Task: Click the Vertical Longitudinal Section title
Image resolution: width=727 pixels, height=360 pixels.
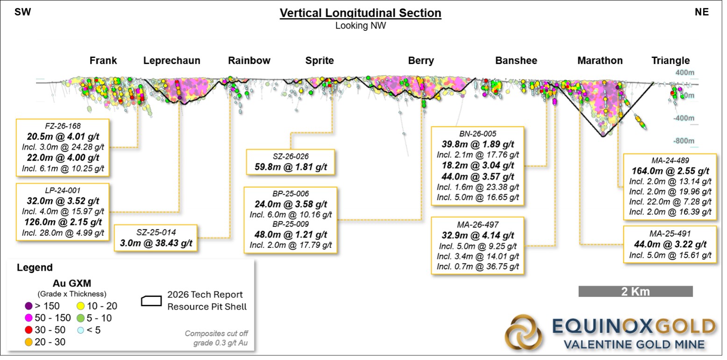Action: click(360, 13)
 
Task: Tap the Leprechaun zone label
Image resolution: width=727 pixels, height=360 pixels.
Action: click(171, 61)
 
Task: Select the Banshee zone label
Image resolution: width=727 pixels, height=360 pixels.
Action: click(516, 61)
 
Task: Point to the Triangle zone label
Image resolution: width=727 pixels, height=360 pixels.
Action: click(670, 61)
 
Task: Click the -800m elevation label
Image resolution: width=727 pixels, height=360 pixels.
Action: click(684, 141)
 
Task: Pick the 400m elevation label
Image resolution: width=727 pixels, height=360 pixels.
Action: click(685, 72)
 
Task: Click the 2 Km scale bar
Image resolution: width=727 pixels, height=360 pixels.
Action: click(635, 291)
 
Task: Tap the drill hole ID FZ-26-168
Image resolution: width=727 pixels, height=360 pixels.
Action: click(63, 126)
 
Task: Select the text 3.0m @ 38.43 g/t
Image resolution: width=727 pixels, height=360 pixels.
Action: click(156, 243)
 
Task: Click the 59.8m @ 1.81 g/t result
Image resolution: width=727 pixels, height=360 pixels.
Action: click(291, 167)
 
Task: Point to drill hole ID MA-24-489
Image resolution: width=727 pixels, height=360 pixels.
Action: click(670, 161)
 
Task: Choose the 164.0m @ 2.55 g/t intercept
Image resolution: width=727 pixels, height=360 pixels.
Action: click(670, 171)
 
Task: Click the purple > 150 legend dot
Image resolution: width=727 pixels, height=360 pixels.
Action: click(29, 306)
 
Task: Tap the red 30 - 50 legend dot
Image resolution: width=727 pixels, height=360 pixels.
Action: click(29, 330)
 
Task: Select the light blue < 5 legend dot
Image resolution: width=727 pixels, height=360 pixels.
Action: click(80, 330)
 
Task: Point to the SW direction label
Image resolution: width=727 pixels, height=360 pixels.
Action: click(23, 12)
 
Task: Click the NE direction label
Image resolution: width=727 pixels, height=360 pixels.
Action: click(702, 12)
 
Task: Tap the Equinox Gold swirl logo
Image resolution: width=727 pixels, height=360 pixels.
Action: click(523, 332)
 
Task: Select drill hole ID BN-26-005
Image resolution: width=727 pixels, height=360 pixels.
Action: click(478, 134)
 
